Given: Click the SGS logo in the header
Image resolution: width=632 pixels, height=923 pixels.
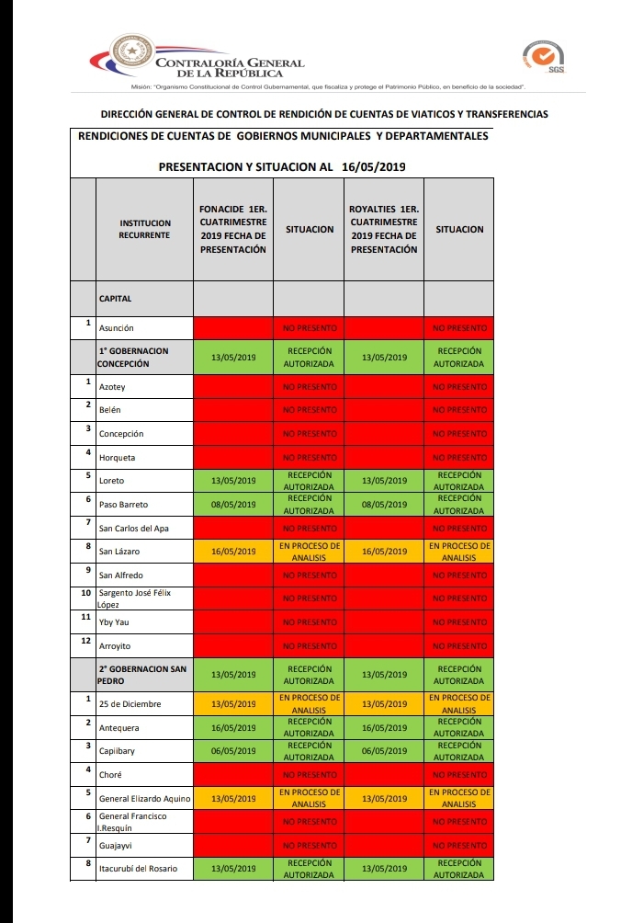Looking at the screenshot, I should tap(543, 57).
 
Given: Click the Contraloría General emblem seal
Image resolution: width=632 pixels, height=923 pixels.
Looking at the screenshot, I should tap(132, 54).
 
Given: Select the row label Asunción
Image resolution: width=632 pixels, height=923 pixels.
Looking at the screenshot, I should tap(117, 328).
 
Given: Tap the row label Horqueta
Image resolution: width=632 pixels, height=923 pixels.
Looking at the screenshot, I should tap(117, 458).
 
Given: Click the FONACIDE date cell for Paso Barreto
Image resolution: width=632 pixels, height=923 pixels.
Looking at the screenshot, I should tap(233, 505).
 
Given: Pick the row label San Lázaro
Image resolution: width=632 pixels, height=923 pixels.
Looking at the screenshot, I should tap(119, 552).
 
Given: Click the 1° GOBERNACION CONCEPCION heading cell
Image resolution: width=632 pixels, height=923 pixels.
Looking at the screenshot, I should tap(143, 357).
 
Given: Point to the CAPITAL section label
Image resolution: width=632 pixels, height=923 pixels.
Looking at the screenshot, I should tap(116, 299).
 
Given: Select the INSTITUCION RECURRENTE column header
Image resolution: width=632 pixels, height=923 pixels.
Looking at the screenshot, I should tap(144, 229).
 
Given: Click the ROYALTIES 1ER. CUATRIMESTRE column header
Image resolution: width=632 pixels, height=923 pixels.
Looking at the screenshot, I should tap(384, 229).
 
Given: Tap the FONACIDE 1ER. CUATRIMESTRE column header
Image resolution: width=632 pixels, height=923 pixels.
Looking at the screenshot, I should tap(233, 229).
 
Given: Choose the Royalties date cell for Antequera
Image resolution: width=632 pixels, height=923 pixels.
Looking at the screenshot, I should tap(384, 728).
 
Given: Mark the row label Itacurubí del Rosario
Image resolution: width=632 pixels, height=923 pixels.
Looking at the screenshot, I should tap(138, 869).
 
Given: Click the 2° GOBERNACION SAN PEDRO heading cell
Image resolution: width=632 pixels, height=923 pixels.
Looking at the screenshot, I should tap(143, 675).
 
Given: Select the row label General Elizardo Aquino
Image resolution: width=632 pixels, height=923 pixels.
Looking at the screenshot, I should tap(144, 799).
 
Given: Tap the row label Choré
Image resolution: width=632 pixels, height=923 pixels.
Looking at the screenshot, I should tap(111, 775).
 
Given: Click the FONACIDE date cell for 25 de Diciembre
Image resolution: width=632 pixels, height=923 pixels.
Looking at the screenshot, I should tap(233, 704).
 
